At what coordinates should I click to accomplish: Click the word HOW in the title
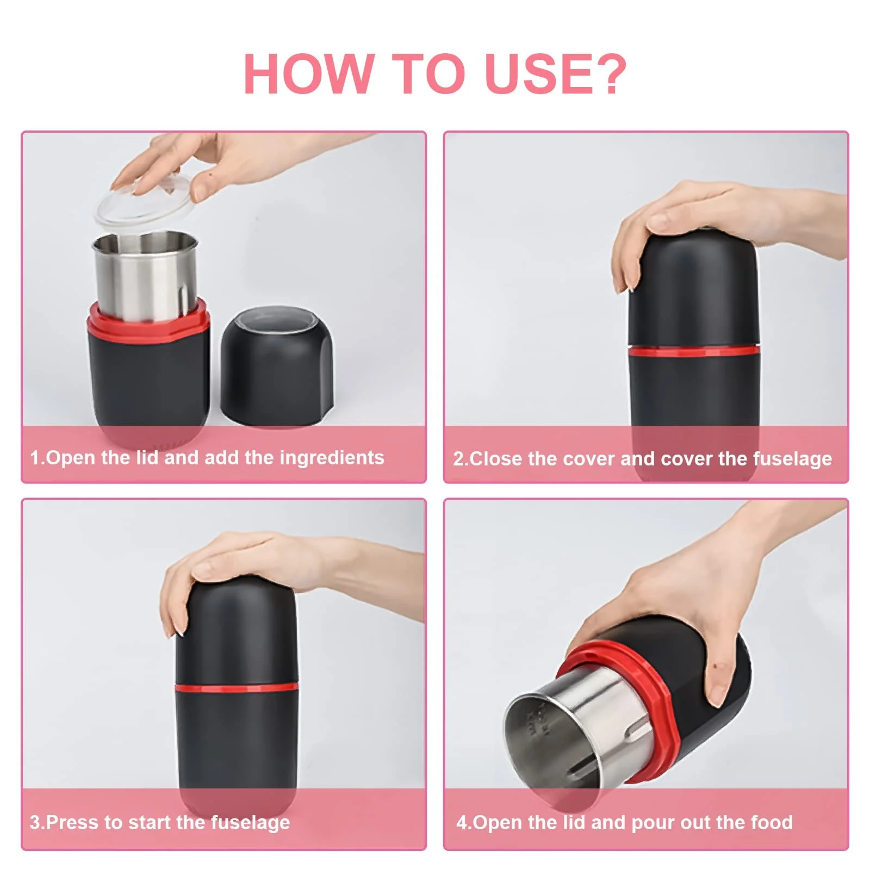(x=309, y=73)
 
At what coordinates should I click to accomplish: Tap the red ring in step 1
(x=148, y=324)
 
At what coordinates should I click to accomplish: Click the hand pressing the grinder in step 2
(x=707, y=228)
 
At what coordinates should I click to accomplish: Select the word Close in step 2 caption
(x=496, y=458)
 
